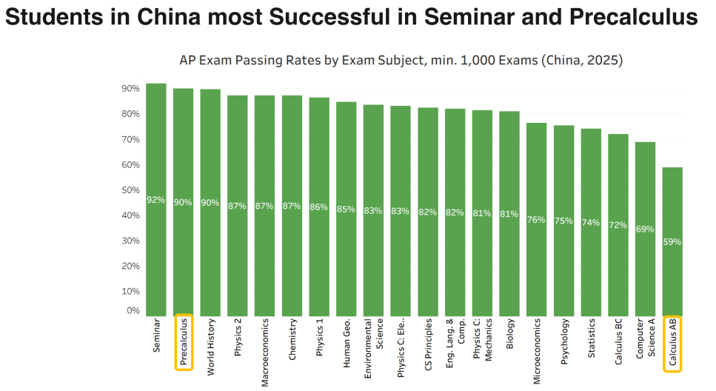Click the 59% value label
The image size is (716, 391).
[672, 241]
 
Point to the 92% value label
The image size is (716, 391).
[155, 200]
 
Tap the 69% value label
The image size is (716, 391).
[645, 229]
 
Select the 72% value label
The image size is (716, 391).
[618, 224]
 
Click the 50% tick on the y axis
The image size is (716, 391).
[130, 190]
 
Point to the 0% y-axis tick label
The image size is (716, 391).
[133, 310]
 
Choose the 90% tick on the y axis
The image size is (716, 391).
[130, 89]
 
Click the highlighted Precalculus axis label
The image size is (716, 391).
[183, 342]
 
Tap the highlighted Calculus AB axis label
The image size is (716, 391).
[672, 342]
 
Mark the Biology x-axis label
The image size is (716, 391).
[509, 333]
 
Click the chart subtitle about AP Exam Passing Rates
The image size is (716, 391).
[401, 61]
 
